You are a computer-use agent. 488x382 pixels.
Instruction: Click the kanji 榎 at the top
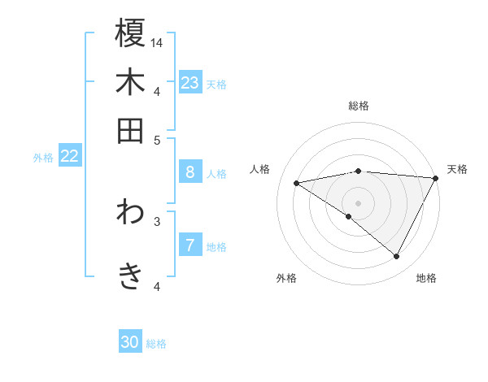click(130, 33)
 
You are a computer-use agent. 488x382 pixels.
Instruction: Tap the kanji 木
click(130, 82)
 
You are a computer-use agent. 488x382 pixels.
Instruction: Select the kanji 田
click(130, 130)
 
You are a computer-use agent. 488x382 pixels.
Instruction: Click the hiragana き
click(130, 276)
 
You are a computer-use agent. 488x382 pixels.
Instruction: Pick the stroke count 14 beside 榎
click(157, 42)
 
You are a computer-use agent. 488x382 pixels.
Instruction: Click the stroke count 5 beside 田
click(157, 139)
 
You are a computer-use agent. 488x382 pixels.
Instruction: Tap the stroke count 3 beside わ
click(157, 220)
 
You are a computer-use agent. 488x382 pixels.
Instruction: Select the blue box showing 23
click(190, 83)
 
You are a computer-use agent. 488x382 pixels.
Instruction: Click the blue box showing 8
click(190, 172)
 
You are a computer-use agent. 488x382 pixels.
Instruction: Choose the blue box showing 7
click(190, 245)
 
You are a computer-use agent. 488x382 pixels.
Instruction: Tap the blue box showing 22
click(69, 157)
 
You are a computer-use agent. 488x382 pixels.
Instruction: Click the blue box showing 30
click(130, 342)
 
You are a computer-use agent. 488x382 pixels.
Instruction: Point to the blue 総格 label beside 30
click(157, 344)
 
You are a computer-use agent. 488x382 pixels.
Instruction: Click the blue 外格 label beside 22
click(43, 158)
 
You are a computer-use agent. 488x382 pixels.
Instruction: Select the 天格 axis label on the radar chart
click(457, 169)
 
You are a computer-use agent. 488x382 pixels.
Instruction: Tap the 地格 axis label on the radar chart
click(426, 278)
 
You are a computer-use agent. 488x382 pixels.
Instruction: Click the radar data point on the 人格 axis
click(297, 183)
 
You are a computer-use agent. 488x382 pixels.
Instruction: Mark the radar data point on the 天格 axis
click(435, 178)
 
